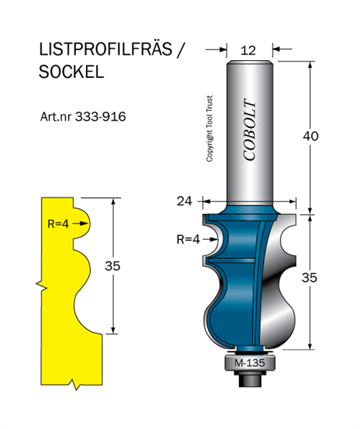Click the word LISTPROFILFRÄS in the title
(x=105, y=49)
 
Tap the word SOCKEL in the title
(x=71, y=72)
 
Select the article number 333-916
(x=100, y=117)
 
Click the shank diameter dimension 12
(x=248, y=51)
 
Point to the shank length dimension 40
(x=311, y=136)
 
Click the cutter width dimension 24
(x=185, y=202)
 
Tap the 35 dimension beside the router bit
(x=309, y=277)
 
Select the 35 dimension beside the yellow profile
(x=112, y=266)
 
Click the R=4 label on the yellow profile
(x=58, y=224)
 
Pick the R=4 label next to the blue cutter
(x=188, y=240)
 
